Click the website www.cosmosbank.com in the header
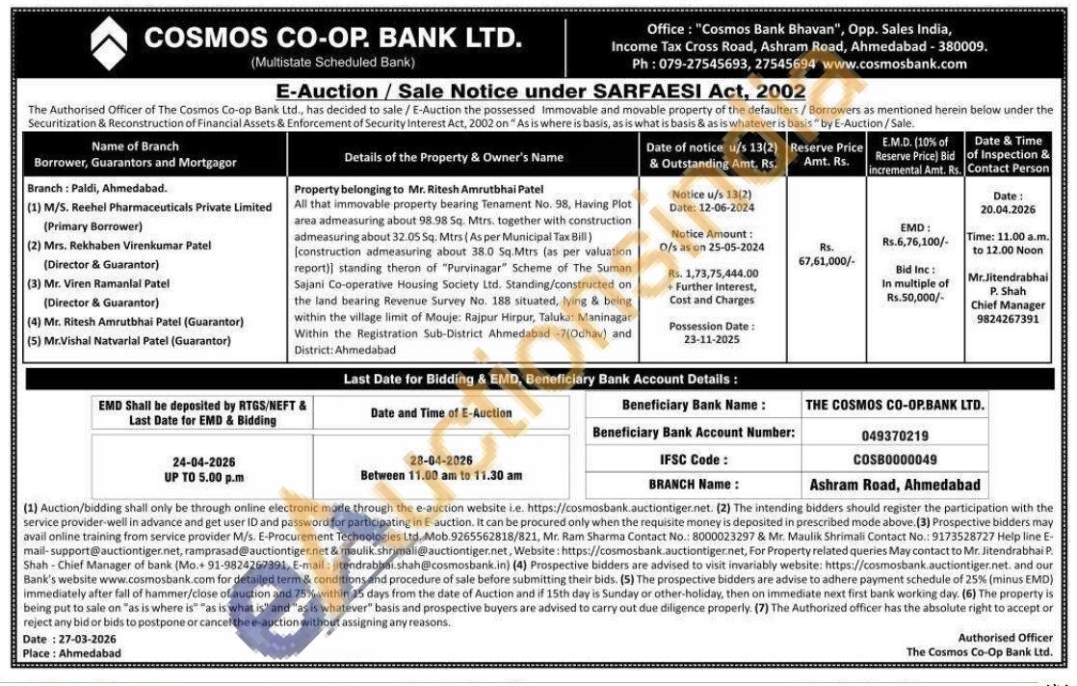click(894, 65)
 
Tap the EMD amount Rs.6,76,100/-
click(915, 241)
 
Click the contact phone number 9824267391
click(1007, 319)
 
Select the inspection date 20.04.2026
click(1007, 209)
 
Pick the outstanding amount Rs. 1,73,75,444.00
click(713, 274)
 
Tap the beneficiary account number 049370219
click(895, 435)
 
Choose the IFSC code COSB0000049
click(895, 460)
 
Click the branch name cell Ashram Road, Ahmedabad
click(895, 485)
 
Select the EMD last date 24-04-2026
click(202, 462)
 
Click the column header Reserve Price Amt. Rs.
click(826, 154)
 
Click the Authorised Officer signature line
click(1005, 638)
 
